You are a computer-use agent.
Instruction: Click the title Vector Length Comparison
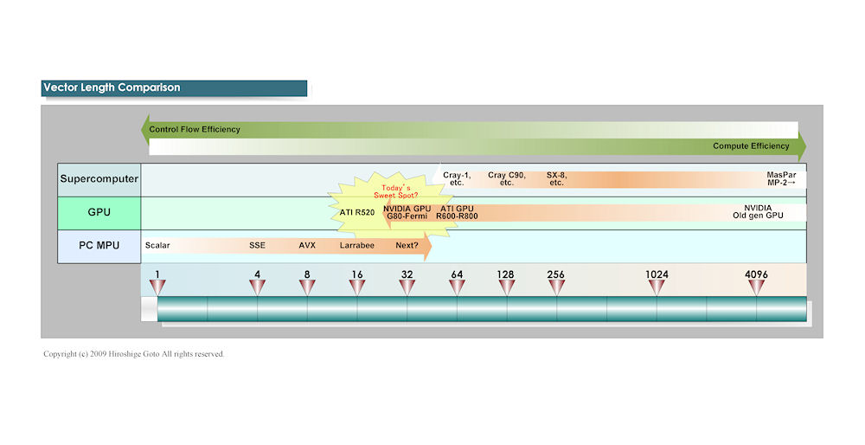coord(112,87)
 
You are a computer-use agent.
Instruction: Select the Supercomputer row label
coord(99,180)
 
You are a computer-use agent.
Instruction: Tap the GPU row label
coord(99,213)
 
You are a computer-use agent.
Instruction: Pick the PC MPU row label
coord(99,245)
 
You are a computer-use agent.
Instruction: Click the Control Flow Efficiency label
coord(195,129)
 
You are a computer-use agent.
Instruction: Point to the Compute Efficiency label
coord(751,146)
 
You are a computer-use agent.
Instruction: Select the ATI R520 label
coord(356,212)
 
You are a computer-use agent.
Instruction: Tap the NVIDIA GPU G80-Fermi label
coord(407,212)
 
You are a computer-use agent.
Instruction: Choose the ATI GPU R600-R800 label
coord(458,212)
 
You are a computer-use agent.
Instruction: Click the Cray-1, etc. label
coord(457,179)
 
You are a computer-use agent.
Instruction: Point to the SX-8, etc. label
coord(556,179)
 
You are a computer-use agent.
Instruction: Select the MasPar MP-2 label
coord(781,179)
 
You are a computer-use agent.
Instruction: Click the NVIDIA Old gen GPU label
coord(758,212)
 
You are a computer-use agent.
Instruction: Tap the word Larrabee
coord(357,245)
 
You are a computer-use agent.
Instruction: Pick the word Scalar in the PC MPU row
coord(157,245)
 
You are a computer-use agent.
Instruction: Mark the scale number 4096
coord(756,274)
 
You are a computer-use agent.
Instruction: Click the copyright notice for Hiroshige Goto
coord(134,354)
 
